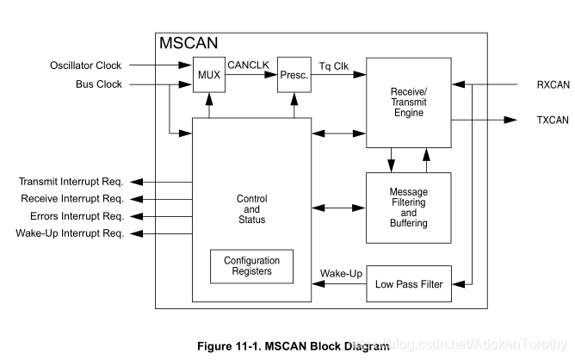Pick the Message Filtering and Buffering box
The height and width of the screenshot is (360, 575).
point(409,208)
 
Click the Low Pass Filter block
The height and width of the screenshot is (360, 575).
point(409,284)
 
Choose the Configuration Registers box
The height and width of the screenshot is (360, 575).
point(251,266)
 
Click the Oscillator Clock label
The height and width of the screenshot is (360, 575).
point(85,65)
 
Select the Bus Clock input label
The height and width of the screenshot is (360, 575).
point(99,84)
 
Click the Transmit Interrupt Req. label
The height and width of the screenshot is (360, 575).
point(71,182)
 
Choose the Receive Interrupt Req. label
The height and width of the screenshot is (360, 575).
point(72,199)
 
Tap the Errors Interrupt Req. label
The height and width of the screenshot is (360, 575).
point(77,216)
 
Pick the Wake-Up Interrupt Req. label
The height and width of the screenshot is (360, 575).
point(71,233)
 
